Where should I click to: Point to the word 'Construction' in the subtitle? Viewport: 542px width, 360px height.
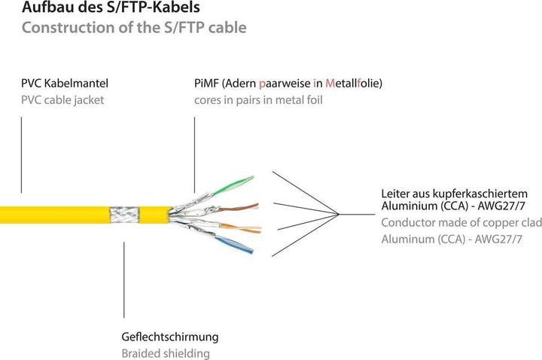[62, 29]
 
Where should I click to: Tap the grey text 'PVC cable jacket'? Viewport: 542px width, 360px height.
[62, 100]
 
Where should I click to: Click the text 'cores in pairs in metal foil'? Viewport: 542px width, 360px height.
[257, 100]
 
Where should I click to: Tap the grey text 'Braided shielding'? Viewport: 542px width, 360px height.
[165, 353]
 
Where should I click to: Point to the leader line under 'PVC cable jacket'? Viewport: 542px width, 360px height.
[22, 154]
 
